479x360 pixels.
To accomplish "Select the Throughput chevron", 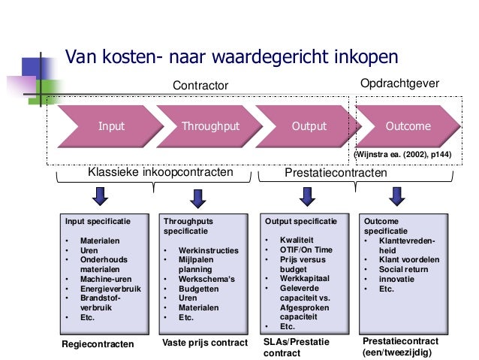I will pos(210,126).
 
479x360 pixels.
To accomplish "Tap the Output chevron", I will pos(309,126).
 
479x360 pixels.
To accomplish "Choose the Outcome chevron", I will pos(408,126).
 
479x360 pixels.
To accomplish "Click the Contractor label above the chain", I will pos(200,86).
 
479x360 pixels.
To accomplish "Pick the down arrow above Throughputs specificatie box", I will pos(198,197).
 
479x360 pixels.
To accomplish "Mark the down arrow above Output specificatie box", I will pos(306,196).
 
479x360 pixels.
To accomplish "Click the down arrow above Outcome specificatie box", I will pos(395,196).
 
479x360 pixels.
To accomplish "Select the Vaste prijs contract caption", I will pos(205,343).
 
